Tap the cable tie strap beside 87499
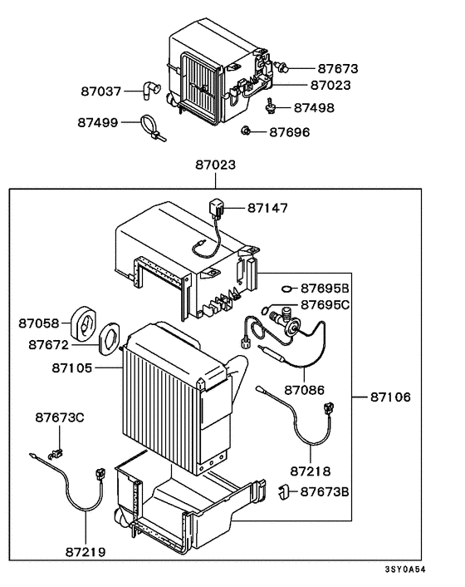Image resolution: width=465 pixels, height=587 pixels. pos(153,127)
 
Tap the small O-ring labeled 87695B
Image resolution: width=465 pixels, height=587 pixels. pos(286,289)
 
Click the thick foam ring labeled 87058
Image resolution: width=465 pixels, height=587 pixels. pos(83,322)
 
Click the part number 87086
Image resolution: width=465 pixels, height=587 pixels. pos(305,389)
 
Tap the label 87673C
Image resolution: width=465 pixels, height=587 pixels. pos(60,417)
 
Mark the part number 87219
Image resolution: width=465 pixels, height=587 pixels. pos(86,550)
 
